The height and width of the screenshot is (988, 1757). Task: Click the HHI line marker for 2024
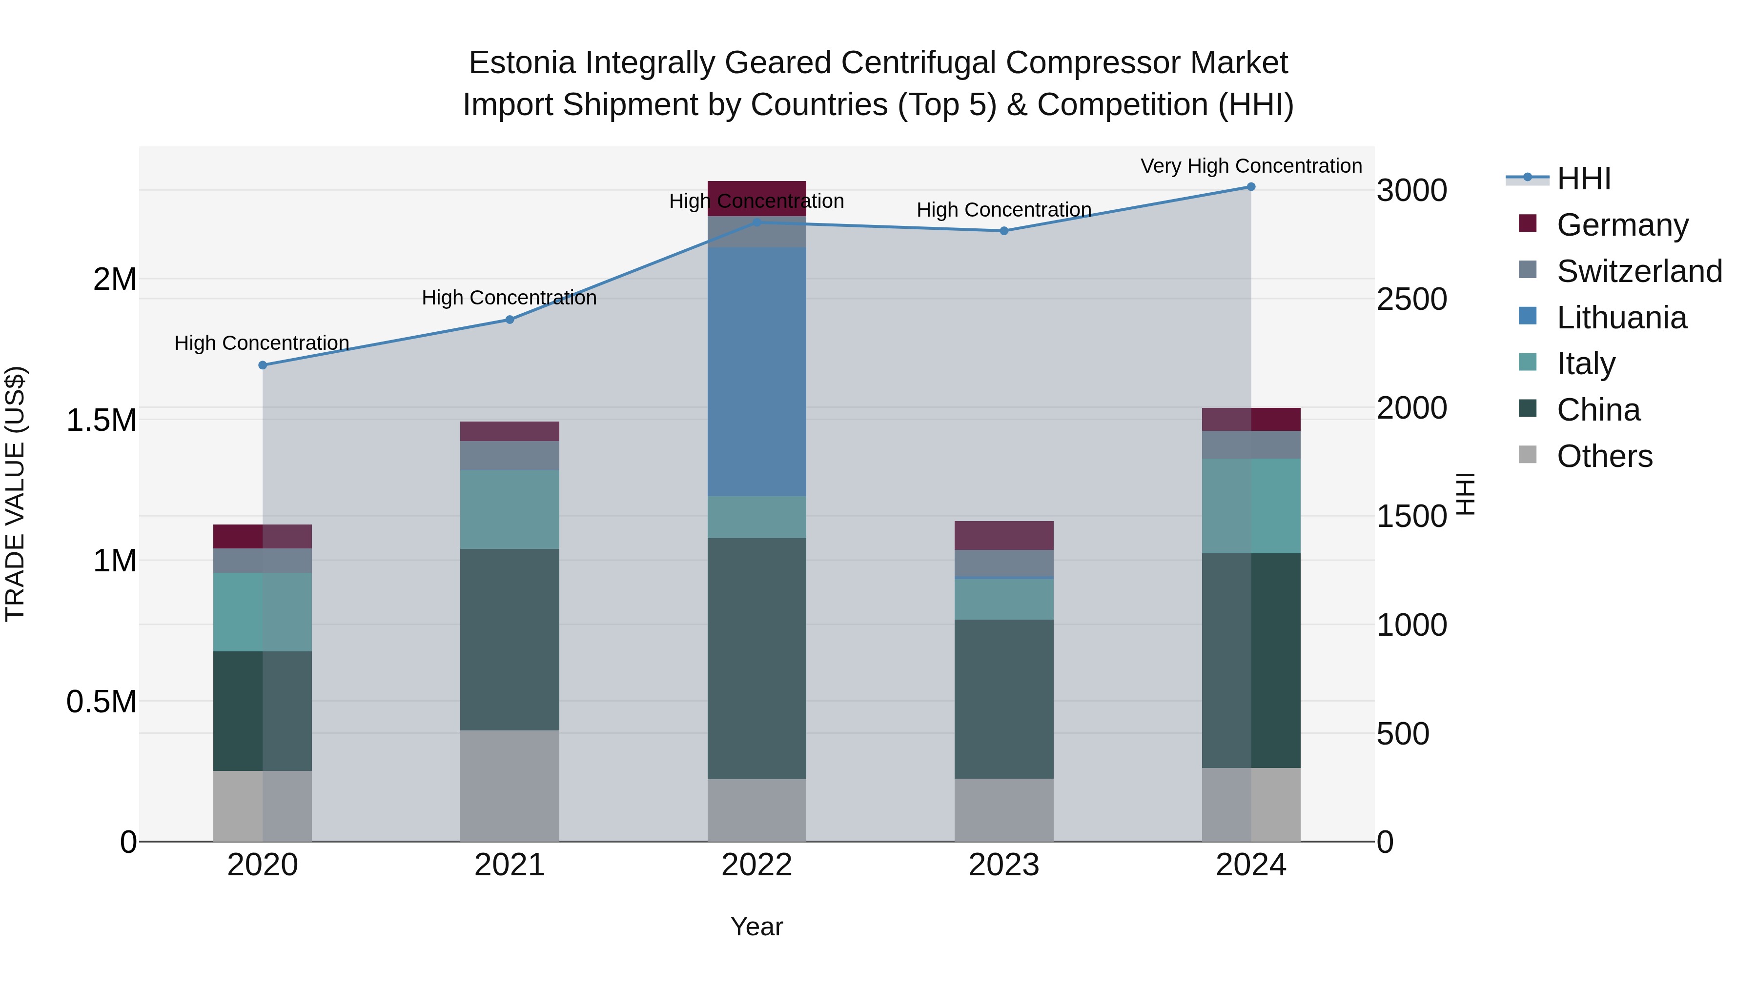click(1251, 186)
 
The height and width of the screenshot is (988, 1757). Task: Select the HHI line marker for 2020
click(263, 365)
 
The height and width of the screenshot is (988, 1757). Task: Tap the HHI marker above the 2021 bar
click(510, 319)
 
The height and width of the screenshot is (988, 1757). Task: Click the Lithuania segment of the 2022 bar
click(756, 372)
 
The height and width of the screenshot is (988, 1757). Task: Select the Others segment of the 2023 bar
click(1003, 809)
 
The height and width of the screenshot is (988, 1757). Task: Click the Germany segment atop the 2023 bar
click(1003, 535)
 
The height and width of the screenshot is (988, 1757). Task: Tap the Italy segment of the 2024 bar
click(1251, 505)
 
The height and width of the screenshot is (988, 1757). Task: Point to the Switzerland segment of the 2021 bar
click(510, 456)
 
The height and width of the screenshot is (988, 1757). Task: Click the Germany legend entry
click(1622, 225)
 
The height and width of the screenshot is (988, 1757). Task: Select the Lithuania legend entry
click(1621, 318)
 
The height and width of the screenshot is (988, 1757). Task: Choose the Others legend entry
click(1604, 456)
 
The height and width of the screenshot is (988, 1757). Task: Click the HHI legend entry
click(1583, 179)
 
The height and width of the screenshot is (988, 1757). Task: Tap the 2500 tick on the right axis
click(1411, 300)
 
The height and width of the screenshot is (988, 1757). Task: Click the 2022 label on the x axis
click(756, 865)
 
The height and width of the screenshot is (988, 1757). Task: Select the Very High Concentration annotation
click(1251, 166)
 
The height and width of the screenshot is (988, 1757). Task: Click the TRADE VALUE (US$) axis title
click(15, 494)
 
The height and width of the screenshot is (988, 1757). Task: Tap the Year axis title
click(756, 927)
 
